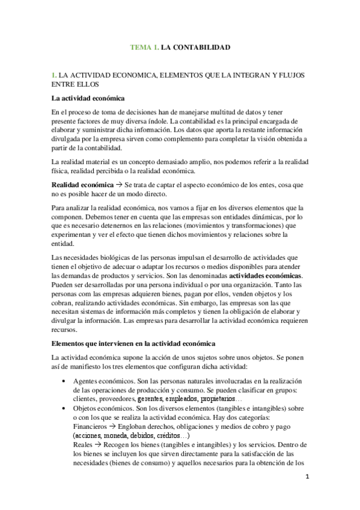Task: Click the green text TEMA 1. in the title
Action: pyautogui.click(x=145, y=47)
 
